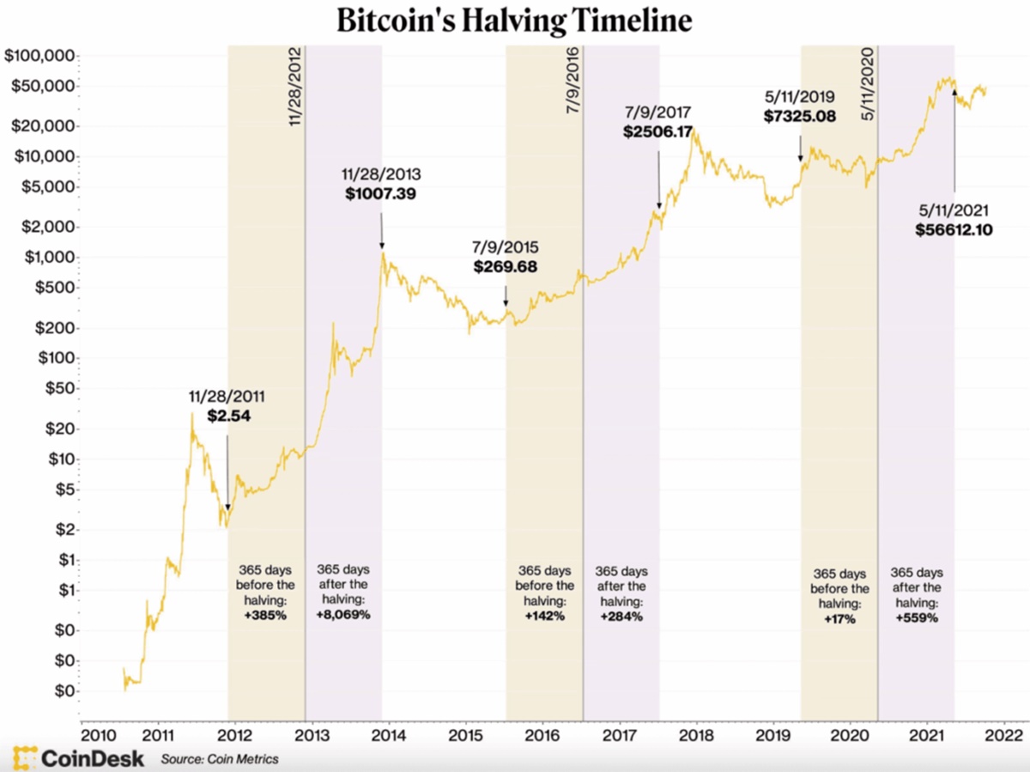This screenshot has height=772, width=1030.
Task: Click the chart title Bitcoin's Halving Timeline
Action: coord(514,21)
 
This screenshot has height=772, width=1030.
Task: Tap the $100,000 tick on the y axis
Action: coord(39,57)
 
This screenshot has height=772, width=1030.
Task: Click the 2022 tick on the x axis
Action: coord(1003,735)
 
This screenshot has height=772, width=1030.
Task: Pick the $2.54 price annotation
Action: coord(227,416)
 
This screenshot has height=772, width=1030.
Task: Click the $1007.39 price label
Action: coord(380,194)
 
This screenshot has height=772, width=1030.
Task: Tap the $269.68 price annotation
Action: coord(506,267)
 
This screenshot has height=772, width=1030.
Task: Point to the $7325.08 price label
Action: coord(800,116)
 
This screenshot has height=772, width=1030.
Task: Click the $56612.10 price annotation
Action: coord(954,228)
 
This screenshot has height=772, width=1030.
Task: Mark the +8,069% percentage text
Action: coord(343,615)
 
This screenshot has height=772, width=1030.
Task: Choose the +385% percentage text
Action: coord(265,616)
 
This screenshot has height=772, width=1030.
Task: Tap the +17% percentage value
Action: coord(839,617)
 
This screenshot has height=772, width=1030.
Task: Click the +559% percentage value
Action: coord(917,617)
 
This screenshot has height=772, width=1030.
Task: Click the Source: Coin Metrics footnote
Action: coord(220,759)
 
